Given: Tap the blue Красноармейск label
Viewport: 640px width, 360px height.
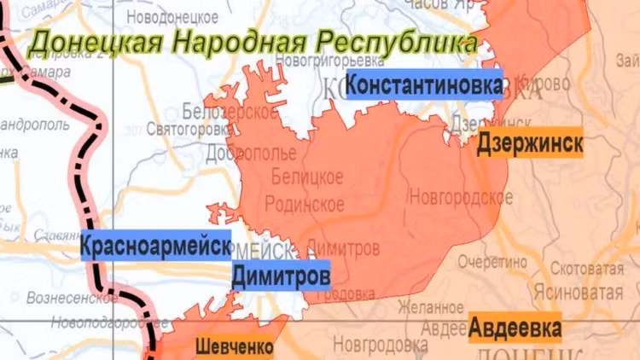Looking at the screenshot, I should click(155, 247).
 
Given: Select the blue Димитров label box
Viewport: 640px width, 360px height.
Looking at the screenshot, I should click(281, 276).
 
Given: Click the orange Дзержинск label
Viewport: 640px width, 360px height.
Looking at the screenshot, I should click(530, 142).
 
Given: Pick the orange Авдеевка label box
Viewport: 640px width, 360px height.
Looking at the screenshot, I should click(515, 328).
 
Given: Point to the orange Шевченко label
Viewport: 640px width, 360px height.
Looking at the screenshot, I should click(234, 347).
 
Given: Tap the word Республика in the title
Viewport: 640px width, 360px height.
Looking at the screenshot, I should click(394, 42).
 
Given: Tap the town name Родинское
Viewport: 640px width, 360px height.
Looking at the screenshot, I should click(305, 204).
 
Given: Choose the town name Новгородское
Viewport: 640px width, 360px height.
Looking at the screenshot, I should click(455, 197).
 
